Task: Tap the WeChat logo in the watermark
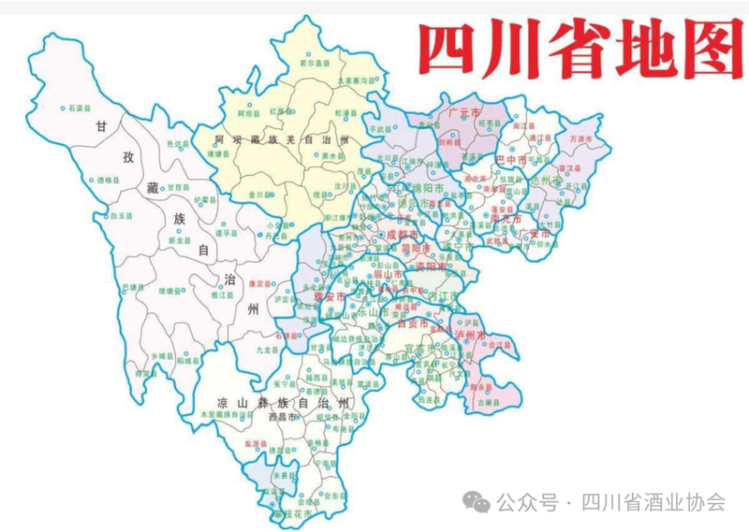click(478, 502)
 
